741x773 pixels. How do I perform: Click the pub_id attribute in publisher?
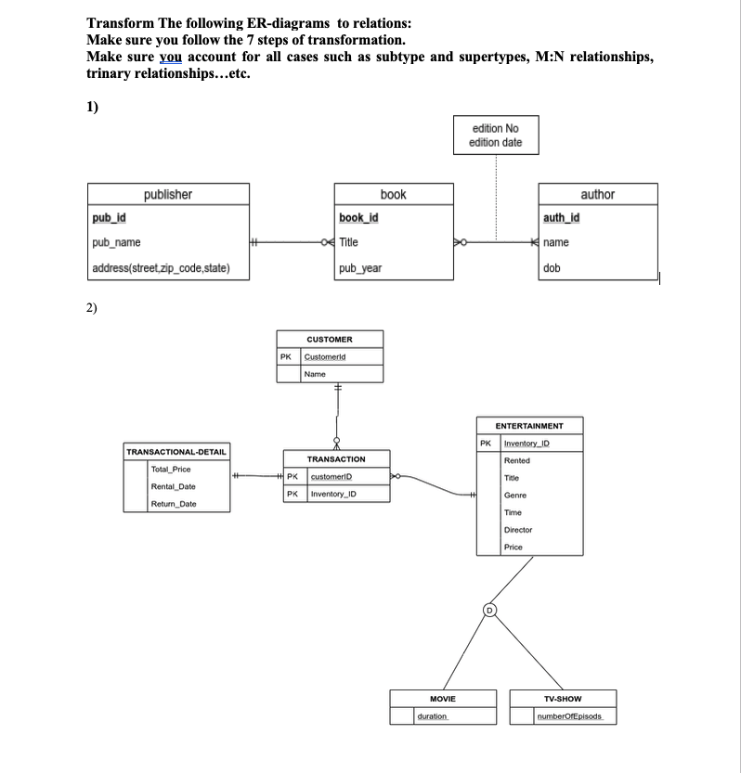click(110, 218)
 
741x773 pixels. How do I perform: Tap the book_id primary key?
click(357, 218)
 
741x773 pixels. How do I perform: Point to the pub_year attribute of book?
click(360, 269)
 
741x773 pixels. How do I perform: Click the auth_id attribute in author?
click(560, 218)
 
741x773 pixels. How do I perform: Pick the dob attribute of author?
click(552, 269)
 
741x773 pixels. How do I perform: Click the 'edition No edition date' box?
click(497, 135)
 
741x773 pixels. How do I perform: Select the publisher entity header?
click(168, 194)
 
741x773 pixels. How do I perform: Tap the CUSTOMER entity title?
click(330, 340)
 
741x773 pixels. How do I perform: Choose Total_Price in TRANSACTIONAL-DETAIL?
click(171, 470)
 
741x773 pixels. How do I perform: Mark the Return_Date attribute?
click(173, 504)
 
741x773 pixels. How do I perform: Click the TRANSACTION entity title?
click(336, 459)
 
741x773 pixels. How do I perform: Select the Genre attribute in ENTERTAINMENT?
click(515, 495)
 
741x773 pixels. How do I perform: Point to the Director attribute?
click(518, 530)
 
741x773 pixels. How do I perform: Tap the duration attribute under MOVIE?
click(433, 717)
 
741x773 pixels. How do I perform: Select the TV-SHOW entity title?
click(563, 699)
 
